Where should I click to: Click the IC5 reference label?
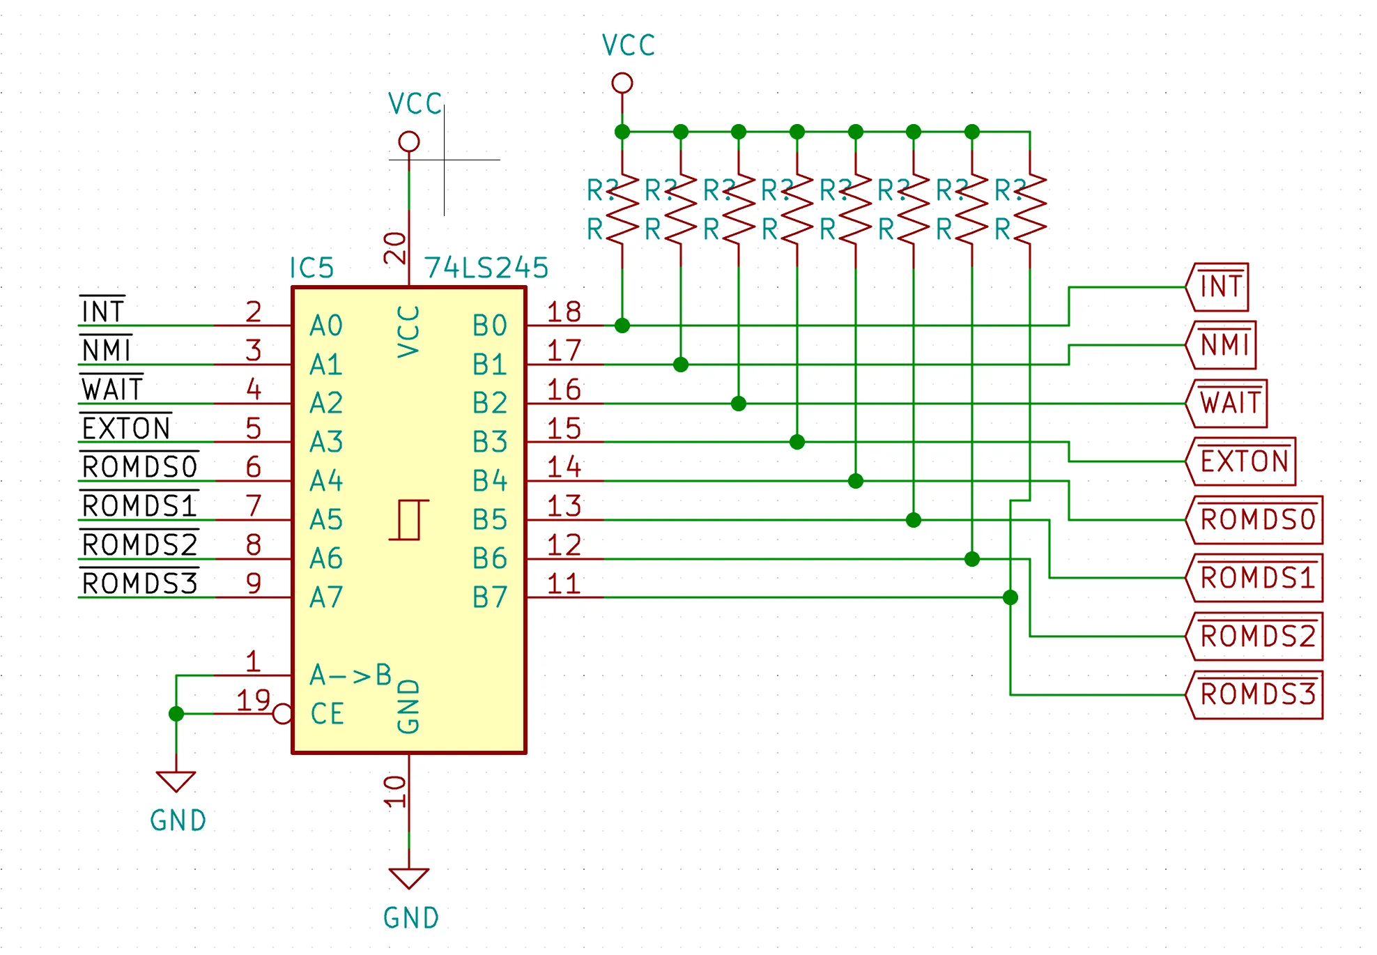[311, 268]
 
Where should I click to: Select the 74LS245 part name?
[486, 268]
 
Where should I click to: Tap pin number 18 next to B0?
[564, 312]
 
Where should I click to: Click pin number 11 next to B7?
[564, 583]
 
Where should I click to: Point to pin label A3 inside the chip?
[326, 442]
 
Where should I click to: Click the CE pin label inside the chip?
[327, 714]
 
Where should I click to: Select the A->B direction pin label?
[351, 675]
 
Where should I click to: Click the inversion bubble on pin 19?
[282, 714]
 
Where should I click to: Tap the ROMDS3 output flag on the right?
[1254, 695]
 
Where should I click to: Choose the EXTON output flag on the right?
[1240, 461]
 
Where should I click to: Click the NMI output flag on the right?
[1221, 345]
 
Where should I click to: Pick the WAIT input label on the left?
[112, 389]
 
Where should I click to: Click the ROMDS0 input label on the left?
[139, 466]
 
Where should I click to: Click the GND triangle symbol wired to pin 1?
[176, 781]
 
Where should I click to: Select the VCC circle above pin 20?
[409, 142]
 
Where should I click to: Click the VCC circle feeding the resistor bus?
[622, 84]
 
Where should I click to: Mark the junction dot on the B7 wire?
[1010, 597]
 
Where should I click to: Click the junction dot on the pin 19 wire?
[176, 714]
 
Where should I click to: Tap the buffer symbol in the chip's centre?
[409, 520]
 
